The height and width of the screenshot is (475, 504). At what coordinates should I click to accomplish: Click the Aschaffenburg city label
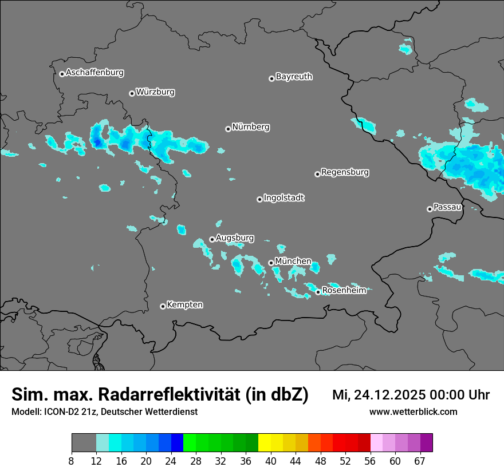pos(94,73)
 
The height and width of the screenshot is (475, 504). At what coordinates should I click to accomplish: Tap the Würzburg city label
pos(155,92)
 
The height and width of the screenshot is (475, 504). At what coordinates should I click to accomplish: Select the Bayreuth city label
pos(294,76)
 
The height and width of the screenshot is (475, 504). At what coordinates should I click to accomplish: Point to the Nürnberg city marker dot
pos(228,129)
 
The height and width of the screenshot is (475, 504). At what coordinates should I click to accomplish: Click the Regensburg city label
pos(345,172)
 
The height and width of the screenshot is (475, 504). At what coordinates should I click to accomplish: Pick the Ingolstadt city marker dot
pos(259,199)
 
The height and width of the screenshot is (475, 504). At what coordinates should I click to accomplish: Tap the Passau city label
pos(448,207)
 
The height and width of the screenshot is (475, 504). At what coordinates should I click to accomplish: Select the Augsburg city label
pos(235,238)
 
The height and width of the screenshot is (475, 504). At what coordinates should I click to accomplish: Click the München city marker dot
pos(271,263)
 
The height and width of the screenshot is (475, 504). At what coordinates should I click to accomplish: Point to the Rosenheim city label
pos(344,291)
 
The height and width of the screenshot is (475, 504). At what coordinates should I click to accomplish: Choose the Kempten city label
pos(184,305)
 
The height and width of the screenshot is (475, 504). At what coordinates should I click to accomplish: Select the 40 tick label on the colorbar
pos(271,461)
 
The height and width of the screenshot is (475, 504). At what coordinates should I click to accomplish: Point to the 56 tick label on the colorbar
pos(371,461)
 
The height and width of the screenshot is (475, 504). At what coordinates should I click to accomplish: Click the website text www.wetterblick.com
pos(413,412)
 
